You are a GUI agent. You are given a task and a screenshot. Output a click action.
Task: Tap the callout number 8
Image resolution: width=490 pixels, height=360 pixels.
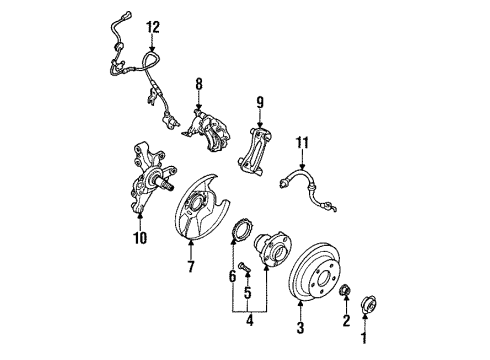(199, 84)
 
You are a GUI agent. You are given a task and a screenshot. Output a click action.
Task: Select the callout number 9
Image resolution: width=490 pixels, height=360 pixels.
(260, 103)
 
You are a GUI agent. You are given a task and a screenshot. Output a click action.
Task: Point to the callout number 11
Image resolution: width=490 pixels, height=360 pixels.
(302, 143)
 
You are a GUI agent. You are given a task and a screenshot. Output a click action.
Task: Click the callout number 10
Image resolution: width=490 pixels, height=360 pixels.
(140, 238)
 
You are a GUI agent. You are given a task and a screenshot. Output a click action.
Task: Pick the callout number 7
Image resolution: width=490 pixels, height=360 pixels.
(191, 266)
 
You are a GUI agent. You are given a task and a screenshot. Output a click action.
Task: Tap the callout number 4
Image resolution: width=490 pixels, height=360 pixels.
(249, 321)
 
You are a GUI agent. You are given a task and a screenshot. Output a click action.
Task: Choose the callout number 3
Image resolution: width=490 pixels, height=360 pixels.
(300, 328)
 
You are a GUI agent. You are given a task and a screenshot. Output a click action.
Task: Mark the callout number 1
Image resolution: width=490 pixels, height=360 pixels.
(364, 338)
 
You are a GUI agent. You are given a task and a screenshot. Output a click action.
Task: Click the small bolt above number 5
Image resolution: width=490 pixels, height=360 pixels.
(243, 266)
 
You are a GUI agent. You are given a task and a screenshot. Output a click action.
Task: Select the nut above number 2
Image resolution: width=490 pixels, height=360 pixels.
(345, 290)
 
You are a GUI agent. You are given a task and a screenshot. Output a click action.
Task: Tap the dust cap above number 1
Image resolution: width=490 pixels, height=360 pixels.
(369, 304)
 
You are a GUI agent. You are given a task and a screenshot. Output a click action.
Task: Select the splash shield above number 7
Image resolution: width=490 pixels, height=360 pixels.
(200, 207)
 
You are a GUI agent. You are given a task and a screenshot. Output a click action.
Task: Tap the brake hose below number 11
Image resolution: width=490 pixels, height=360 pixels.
(308, 189)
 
